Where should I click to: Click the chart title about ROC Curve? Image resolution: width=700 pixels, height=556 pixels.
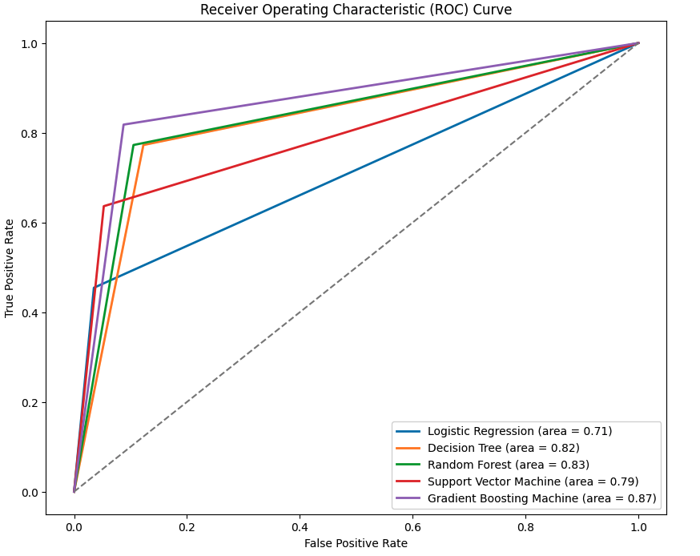(x=356, y=10)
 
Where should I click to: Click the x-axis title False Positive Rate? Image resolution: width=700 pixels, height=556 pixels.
(x=356, y=543)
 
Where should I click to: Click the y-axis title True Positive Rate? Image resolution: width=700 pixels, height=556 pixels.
(x=10, y=268)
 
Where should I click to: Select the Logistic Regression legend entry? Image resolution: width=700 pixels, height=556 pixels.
(x=519, y=431)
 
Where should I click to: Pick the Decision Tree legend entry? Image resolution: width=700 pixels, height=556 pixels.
(x=503, y=448)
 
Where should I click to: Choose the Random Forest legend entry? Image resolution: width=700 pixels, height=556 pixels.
(x=508, y=465)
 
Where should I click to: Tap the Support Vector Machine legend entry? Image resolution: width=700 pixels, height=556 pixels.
(x=533, y=481)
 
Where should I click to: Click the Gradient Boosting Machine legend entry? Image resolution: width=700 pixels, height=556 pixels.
(x=541, y=498)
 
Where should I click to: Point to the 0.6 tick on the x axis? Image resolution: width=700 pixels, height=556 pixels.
(x=412, y=527)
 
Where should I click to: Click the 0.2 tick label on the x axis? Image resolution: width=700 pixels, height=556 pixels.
(x=187, y=527)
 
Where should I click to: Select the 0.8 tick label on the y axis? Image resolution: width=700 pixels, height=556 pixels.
(x=30, y=133)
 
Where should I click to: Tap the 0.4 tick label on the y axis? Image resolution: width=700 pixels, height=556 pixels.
(x=30, y=312)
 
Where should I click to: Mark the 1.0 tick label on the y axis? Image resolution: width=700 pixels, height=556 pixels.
(x=30, y=43)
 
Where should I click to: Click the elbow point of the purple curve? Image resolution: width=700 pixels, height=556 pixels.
(x=123, y=124)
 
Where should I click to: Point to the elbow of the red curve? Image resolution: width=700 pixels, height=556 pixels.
(x=103, y=206)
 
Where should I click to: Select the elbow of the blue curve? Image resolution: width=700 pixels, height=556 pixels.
(x=93, y=288)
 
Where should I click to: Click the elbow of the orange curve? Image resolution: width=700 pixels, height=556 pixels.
(x=143, y=145)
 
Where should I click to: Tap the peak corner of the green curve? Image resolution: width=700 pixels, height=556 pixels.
(x=133, y=145)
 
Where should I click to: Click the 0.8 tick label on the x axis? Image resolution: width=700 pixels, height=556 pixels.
(x=525, y=527)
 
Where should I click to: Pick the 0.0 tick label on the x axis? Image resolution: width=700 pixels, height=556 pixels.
(x=74, y=527)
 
